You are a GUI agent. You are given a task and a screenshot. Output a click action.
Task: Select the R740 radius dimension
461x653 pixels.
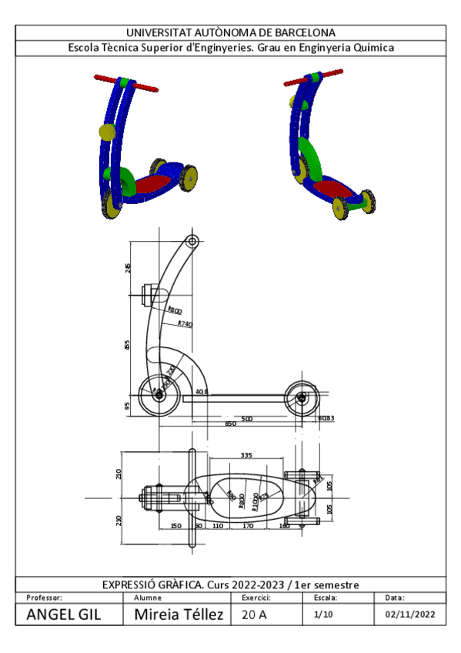(x=185, y=324)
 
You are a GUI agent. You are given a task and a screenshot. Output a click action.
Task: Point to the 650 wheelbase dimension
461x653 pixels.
(x=230, y=424)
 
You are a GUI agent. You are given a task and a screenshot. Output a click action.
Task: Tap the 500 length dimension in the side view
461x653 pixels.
(x=247, y=418)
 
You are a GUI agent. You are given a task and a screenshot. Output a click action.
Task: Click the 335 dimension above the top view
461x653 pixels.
(x=246, y=456)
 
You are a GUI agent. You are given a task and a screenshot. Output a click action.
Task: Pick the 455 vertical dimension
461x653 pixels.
(x=128, y=343)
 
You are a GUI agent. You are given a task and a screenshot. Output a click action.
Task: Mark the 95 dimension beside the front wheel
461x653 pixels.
(x=128, y=405)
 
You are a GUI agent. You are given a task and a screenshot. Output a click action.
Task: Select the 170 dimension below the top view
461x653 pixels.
(x=248, y=525)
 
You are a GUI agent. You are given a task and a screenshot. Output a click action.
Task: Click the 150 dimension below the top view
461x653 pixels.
(x=175, y=525)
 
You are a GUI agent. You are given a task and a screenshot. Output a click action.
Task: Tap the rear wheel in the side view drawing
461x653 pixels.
(x=301, y=397)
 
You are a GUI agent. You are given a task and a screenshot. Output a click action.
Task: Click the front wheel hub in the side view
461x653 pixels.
(x=159, y=396)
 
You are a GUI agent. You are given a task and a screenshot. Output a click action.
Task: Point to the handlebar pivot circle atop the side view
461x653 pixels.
(x=192, y=242)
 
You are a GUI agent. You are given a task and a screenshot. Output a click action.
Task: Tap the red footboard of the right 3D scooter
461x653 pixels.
(x=332, y=188)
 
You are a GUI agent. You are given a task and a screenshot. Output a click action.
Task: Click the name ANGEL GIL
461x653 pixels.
(x=63, y=614)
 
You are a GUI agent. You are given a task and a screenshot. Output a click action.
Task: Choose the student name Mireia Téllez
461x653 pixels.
(x=179, y=614)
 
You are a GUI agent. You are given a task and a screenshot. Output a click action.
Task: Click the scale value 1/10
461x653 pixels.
(x=323, y=614)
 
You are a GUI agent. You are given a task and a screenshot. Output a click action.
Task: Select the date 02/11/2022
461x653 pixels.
(x=410, y=614)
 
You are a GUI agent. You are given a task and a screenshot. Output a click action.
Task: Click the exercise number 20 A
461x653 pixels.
(x=255, y=614)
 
